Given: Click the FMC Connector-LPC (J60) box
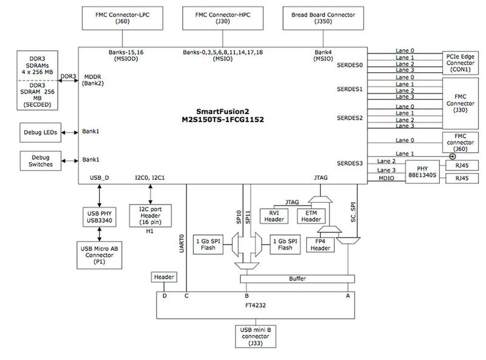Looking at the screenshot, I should pyautogui.click(x=120, y=18).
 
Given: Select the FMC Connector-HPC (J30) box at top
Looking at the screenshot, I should pyautogui.click(x=221, y=18).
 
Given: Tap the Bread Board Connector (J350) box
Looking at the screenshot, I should pyautogui.click(x=320, y=18).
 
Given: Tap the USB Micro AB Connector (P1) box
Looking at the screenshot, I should pyautogui.click(x=99, y=253).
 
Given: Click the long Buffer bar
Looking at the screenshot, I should pyautogui.click(x=296, y=278).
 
